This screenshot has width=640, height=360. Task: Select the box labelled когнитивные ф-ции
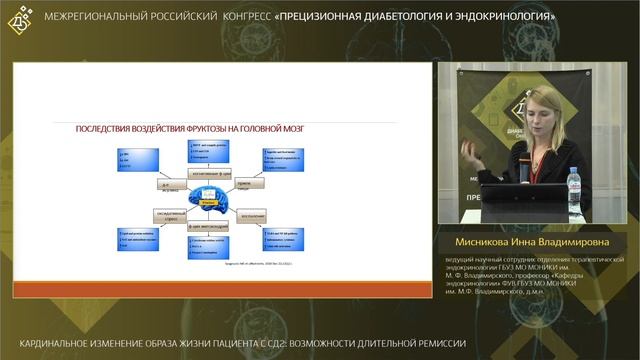(209, 172)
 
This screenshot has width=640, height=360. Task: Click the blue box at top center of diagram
(209, 151)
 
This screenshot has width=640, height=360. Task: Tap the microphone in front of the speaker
(520, 159)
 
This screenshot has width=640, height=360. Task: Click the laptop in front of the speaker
(520, 200)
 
